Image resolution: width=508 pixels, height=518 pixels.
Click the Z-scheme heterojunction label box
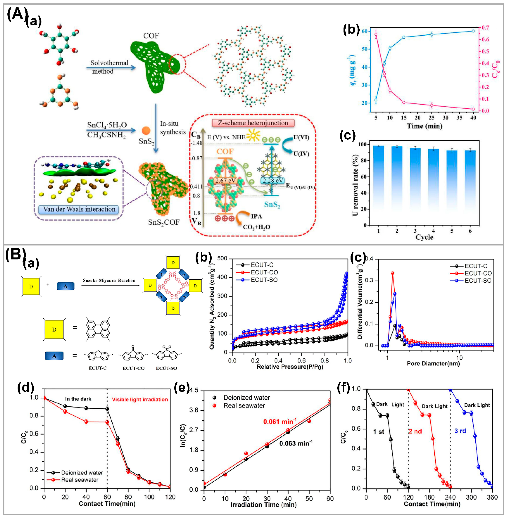(253, 123)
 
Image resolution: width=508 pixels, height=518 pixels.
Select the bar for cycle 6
(470, 188)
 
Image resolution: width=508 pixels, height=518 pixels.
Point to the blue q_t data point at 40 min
(473, 31)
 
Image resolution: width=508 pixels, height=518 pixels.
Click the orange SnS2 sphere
(146, 131)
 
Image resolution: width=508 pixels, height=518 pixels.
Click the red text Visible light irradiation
(140, 399)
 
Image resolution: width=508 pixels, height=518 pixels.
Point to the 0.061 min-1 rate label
(280, 422)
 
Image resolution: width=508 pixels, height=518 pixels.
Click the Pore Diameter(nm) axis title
(433, 363)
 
